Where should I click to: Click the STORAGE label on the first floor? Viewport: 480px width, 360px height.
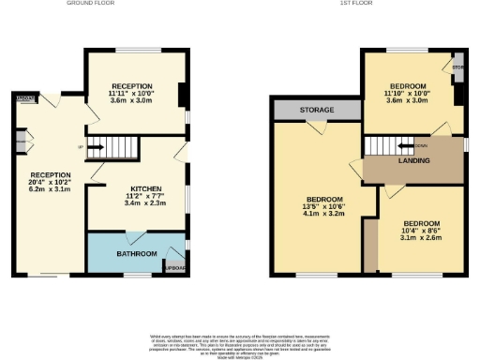click(317, 110)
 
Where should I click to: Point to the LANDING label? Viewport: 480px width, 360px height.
click(413, 161)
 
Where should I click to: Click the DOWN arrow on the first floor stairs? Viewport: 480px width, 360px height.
click(407, 145)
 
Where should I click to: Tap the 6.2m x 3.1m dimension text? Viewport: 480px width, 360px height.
click(50, 190)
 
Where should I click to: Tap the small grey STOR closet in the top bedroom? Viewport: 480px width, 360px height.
click(457, 68)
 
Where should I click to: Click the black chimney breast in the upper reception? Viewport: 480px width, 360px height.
click(181, 97)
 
